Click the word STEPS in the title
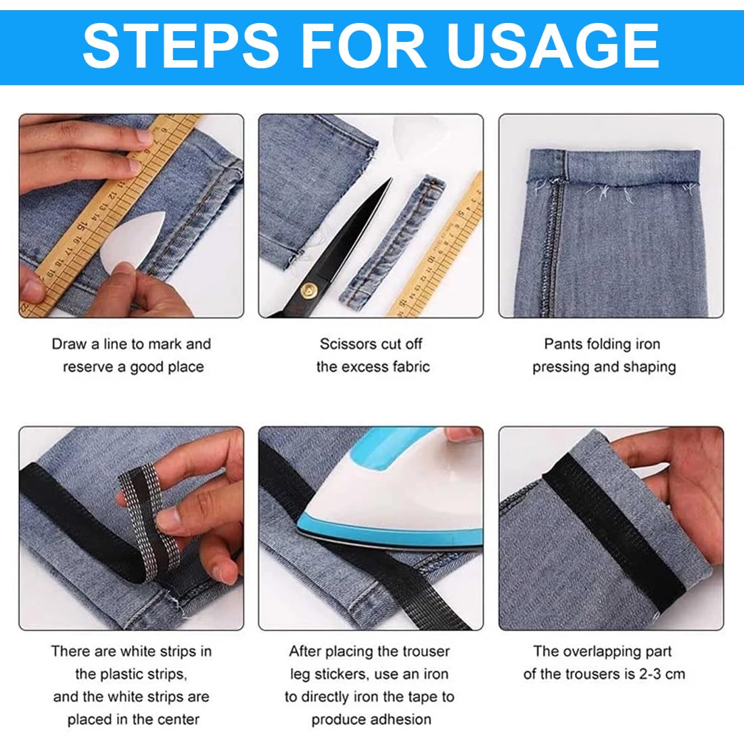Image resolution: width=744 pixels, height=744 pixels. [x=181, y=45]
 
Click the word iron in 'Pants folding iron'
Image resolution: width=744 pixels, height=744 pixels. [x=647, y=344]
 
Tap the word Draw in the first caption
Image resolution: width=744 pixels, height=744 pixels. [x=69, y=344]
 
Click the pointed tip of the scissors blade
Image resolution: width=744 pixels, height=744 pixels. [x=390, y=180]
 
